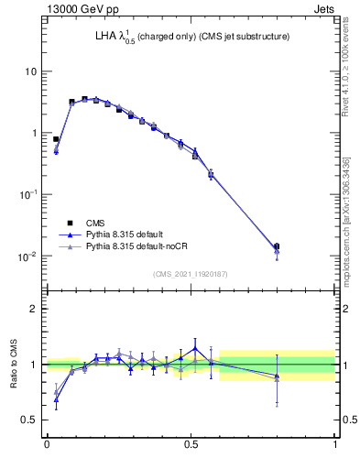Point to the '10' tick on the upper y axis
click(31, 71)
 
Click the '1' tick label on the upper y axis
click(34, 133)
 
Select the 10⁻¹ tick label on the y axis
click(29, 194)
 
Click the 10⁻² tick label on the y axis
click(29, 256)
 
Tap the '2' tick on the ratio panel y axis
click(34, 309)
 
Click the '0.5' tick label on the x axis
click(191, 445)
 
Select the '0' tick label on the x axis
click(47, 445)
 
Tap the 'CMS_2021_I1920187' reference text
click(191, 273)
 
